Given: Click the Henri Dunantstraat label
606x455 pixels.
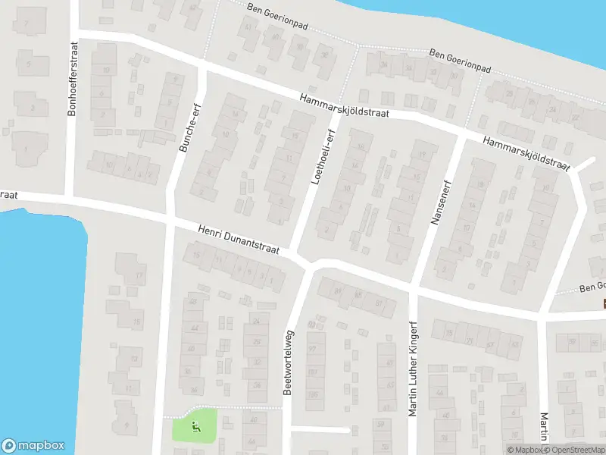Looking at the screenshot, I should click(239, 239).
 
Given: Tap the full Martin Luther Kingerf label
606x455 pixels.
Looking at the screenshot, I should click(414, 369).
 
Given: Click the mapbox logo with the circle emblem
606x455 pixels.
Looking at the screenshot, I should click(33, 446).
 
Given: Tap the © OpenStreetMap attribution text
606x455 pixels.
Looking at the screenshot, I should click(575, 450).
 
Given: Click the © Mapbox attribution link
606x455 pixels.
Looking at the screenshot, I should click(526, 450).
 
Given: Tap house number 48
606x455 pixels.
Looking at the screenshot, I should click(193, 303).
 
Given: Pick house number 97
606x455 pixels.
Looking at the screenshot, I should click(311, 348).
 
